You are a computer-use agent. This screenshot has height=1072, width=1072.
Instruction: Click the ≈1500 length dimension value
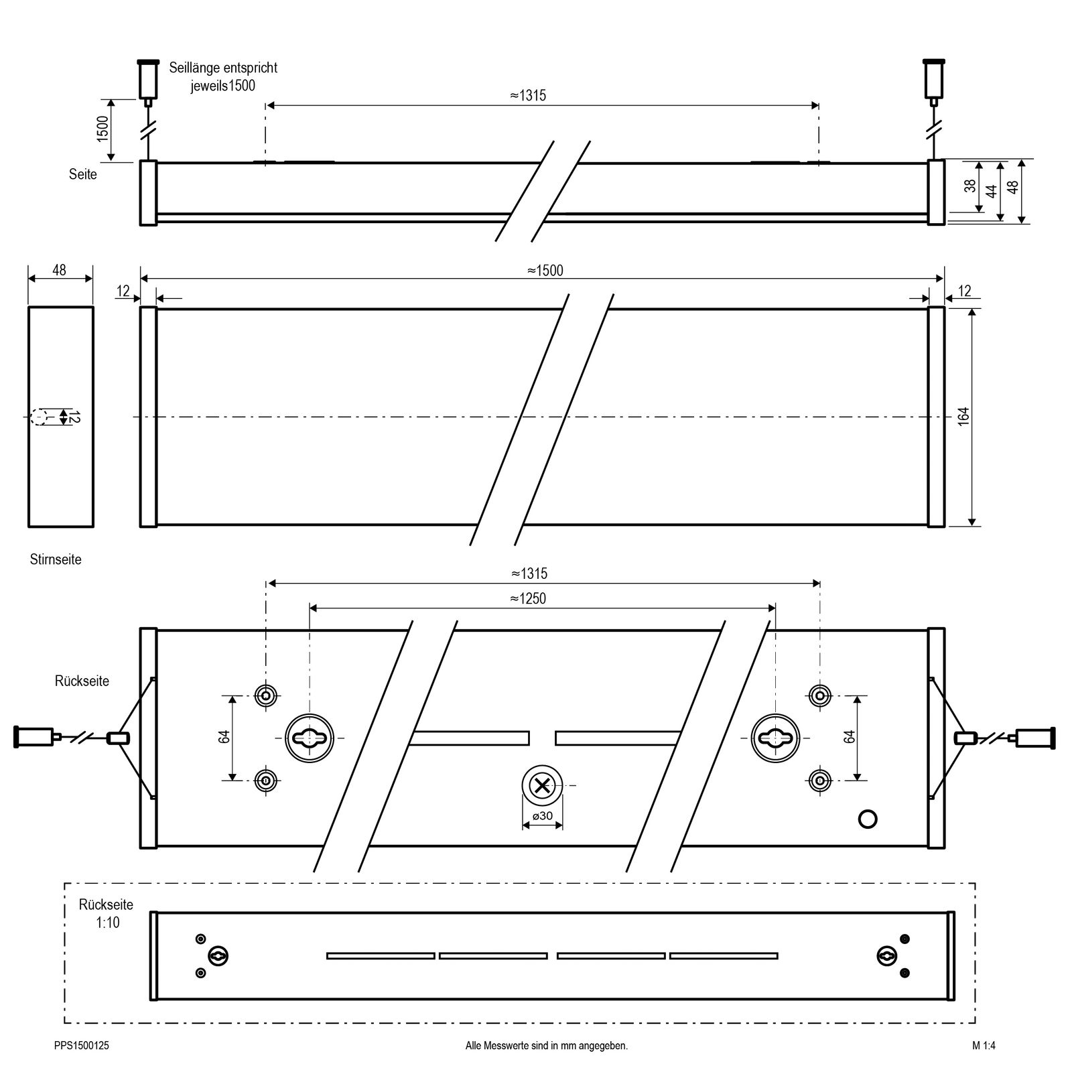click(x=545, y=271)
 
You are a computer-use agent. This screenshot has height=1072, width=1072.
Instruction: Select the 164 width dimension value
click(x=964, y=417)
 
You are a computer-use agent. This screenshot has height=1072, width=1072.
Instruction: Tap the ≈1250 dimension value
click(x=528, y=598)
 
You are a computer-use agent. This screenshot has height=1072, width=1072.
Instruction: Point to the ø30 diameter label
click(x=543, y=816)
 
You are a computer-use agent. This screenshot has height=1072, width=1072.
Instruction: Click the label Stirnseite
click(x=56, y=559)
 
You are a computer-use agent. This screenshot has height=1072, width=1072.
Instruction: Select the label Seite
click(x=83, y=174)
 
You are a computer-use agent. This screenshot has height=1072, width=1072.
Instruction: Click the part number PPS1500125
click(x=82, y=1045)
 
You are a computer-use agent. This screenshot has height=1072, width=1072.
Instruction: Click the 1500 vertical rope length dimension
click(x=103, y=129)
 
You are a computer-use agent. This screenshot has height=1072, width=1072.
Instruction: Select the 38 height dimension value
click(x=970, y=186)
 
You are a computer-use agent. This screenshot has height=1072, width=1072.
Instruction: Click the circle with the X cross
click(x=543, y=785)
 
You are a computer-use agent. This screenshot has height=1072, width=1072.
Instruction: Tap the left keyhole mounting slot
click(x=310, y=738)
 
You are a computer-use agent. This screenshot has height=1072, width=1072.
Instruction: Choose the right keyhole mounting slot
click(x=775, y=738)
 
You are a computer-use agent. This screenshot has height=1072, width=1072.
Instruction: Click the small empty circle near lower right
click(x=868, y=819)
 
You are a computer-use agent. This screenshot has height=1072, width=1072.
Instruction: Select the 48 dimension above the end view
click(x=59, y=271)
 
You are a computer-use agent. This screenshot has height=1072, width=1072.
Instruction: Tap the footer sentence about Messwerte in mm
click(x=547, y=1045)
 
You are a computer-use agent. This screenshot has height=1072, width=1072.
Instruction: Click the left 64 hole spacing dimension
click(x=224, y=736)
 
